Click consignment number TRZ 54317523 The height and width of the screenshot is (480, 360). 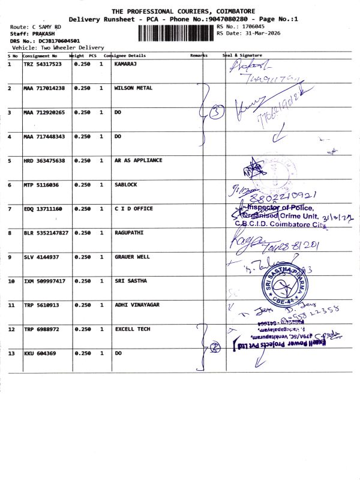pyautogui.click(x=43, y=64)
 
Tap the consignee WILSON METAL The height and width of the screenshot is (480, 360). pyautogui.click(x=133, y=88)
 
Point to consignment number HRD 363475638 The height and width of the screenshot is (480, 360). pyautogui.click(x=44, y=161)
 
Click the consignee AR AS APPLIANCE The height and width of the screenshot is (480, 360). pyautogui.click(x=138, y=161)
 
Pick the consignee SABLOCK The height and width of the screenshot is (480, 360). pyautogui.click(x=125, y=185)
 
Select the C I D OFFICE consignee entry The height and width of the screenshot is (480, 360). pyautogui.click(x=133, y=209)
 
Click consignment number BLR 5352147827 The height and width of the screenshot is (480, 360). pyautogui.click(x=46, y=233)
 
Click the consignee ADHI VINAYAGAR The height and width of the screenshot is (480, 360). pyautogui.click(x=137, y=305)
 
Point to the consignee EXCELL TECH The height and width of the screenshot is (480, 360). pyautogui.click(x=132, y=329)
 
